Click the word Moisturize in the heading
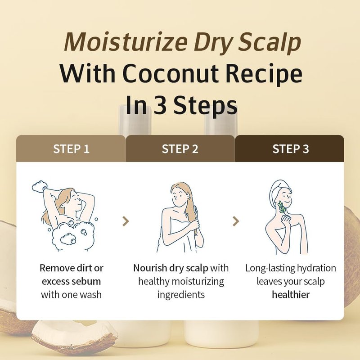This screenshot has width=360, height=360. click(126, 42)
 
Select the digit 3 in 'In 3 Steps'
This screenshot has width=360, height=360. click(160, 105)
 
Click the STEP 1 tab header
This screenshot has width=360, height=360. click(71, 148)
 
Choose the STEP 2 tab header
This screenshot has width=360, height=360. click(180, 148)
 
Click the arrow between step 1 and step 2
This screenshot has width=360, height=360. click(126, 221)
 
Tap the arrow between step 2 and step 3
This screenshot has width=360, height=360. click(236, 221)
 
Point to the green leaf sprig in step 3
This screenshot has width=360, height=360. click(282, 207)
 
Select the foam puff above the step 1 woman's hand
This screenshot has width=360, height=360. click(40, 185)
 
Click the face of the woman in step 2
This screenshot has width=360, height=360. click(179, 197)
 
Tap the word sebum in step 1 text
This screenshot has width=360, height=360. click(89, 281)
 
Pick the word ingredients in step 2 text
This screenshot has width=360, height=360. click(181, 295)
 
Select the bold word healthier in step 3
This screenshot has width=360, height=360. click(291, 295)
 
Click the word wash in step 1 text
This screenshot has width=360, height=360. click(91, 295)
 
